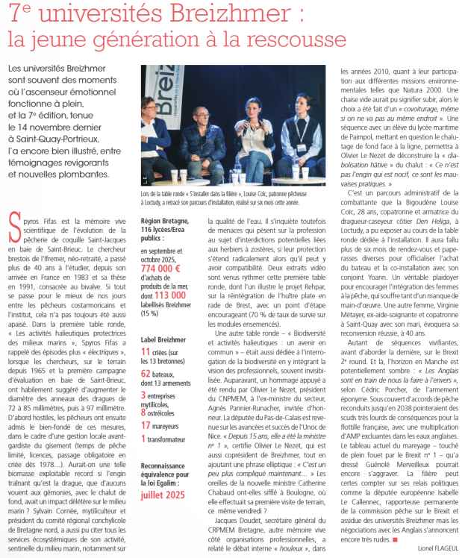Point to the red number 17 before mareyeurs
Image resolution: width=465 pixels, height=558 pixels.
[x=146, y=425]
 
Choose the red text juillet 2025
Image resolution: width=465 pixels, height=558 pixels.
[x=164, y=495]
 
